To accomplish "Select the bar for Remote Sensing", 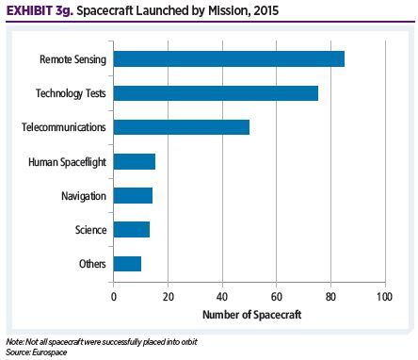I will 229,58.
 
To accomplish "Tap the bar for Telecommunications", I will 182,126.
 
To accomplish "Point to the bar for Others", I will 127,263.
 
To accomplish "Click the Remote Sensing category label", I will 72,58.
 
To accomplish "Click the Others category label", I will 91,263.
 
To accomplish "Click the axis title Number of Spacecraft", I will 249,314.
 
